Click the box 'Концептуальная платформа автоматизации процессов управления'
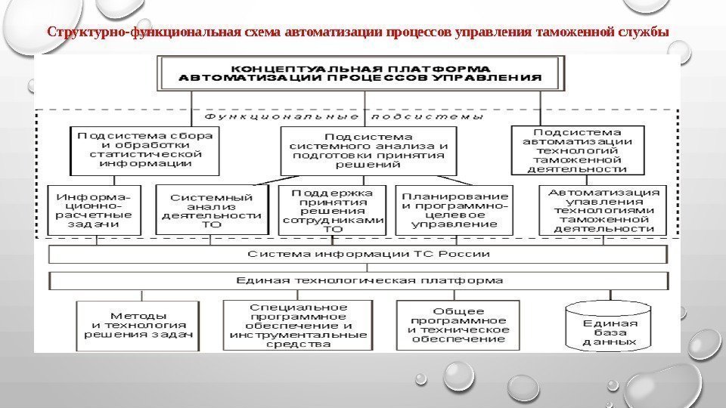pyautogui.click(x=365, y=72)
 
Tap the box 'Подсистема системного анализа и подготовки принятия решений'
pyautogui.click(x=364, y=150)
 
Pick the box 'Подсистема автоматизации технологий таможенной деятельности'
pyautogui.click(x=577, y=149)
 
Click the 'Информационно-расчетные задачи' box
pyautogui.click(x=90, y=209)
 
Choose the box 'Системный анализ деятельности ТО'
pyautogui.click(x=211, y=210)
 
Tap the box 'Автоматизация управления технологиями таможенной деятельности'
pyautogui.click(x=603, y=209)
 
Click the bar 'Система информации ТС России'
pyautogui.click(x=358, y=254)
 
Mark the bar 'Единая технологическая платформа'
pyautogui.click(x=358, y=280)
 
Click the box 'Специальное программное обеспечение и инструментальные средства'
pyautogui.click(x=298, y=326)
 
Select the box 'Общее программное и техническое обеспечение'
pyautogui.click(x=458, y=325)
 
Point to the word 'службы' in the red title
pyautogui.click(x=648, y=32)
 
